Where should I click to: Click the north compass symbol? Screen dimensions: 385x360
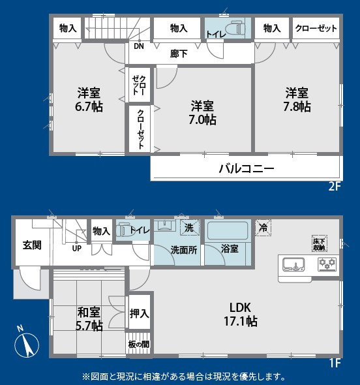[x=25, y=341]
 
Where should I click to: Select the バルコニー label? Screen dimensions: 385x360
[x=246, y=168]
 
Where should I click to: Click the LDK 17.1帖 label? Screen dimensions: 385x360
[x=241, y=314]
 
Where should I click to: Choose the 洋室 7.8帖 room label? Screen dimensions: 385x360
[x=296, y=100]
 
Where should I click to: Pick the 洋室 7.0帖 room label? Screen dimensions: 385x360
[x=203, y=113]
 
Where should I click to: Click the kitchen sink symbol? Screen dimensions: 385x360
[x=294, y=264]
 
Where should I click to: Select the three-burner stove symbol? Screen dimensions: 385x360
[x=326, y=264]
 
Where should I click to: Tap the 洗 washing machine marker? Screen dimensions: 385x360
[x=188, y=228]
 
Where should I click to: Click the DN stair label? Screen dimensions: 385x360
[x=139, y=47]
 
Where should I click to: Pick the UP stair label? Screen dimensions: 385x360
[x=76, y=249]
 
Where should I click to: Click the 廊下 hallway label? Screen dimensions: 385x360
[x=179, y=54]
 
